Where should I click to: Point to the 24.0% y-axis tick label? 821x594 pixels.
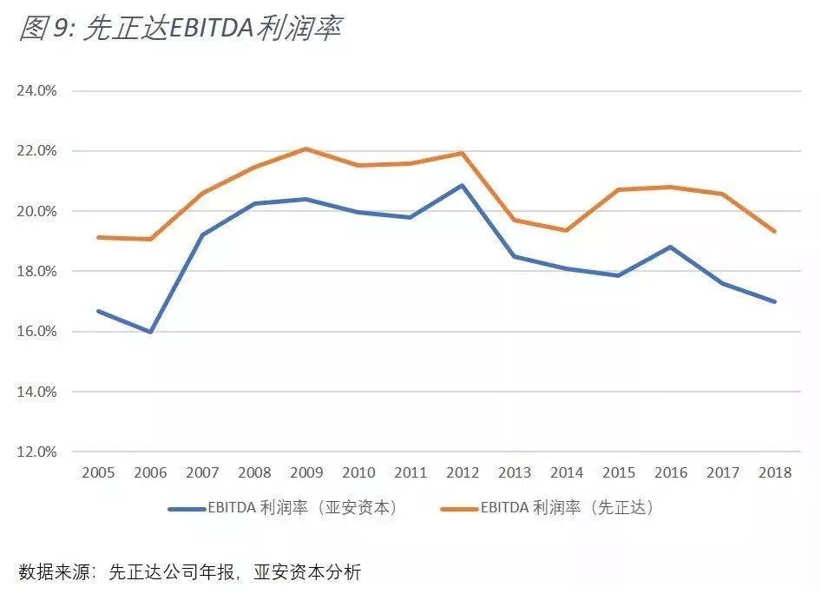[x=36, y=90]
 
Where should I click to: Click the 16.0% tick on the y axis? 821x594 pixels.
[x=36, y=332]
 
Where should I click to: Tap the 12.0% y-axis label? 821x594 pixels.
[x=36, y=452]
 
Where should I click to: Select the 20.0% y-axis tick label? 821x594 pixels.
[x=36, y=211]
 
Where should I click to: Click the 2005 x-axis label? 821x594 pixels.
[x=98, y=473]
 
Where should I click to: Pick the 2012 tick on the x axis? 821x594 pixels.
[x=462, y=473]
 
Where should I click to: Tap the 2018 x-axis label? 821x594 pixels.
[x=774, y=473]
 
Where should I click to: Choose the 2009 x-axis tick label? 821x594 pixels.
[x=305, y=473]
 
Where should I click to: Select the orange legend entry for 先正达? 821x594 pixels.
[x=547, y=508]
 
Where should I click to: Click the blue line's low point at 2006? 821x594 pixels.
[x=151, y=332]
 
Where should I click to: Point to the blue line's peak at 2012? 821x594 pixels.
[x=462, y=185]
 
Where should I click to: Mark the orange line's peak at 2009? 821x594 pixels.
[x=305, y=148]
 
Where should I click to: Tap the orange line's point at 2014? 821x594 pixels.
[x=566, y=230]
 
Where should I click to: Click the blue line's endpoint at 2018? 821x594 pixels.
[x=774, y=302]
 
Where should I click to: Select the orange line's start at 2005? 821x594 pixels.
[x=98, y=237]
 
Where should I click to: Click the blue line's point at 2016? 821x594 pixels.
[x=670, y=247]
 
